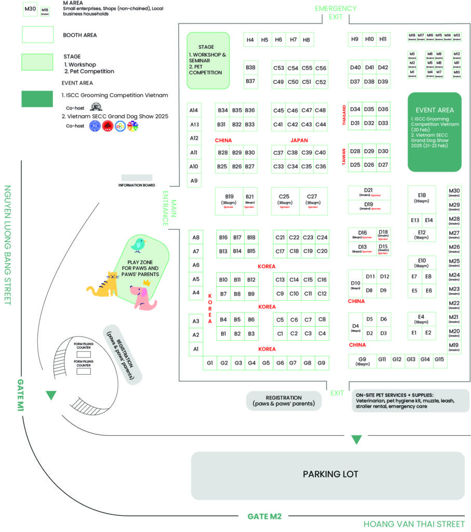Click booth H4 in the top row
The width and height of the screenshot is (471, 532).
(x=250, y=39)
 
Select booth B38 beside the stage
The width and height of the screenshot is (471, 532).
(x=251, y=68)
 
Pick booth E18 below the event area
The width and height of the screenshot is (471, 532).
(x=421, y=198)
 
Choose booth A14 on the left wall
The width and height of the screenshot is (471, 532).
(x=194, y=111)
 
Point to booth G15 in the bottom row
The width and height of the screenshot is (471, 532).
(x=439, y=359)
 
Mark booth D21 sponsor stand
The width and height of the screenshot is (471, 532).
(x=369, y=192)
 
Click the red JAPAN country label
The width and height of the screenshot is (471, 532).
(x=299, y=140)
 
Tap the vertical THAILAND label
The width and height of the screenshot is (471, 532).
(x=344, y=115)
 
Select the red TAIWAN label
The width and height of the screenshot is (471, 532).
(x=344, y=156)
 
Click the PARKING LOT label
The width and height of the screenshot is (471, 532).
(x=330, y=474)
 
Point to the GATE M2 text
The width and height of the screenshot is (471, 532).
(x=264, y=516)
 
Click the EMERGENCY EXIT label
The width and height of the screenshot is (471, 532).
(x=335, y=12)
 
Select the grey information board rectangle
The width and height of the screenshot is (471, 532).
(x=137, y=178)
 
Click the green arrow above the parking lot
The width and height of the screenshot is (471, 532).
(x=356, y=440)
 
